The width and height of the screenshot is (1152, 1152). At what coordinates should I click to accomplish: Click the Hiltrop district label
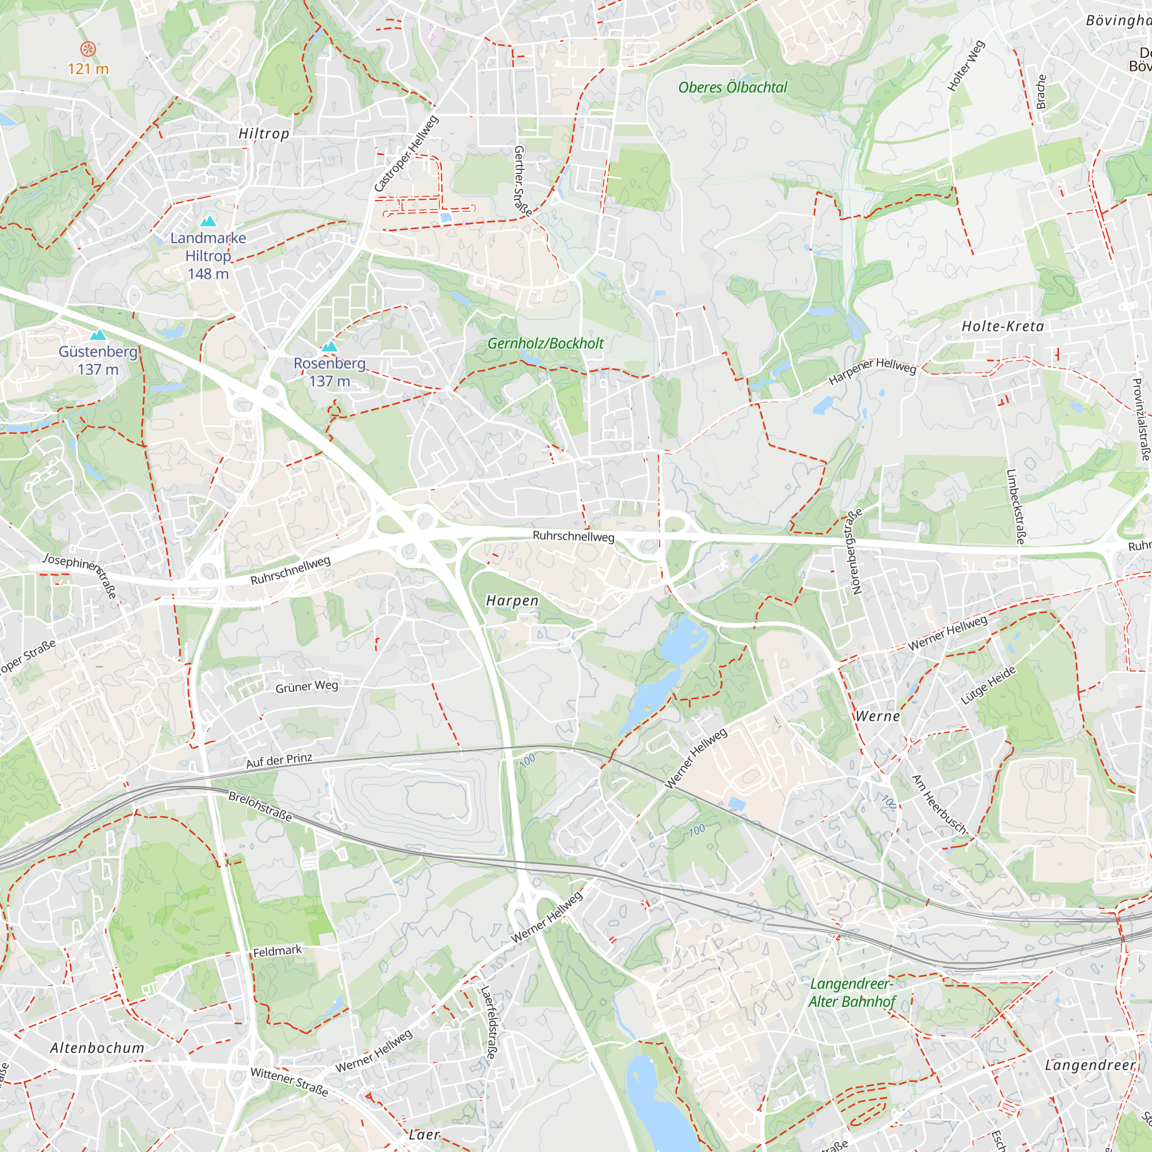click(x=264, y=134)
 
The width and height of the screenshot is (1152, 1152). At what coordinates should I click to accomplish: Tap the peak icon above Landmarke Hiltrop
click(x=208, y=222)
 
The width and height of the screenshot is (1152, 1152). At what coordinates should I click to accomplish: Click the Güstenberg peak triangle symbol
click(x=98, y=335)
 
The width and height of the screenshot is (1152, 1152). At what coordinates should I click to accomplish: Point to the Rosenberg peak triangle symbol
click(x=329, y=346)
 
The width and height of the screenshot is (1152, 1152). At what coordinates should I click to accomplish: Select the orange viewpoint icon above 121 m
click(x=88, y=48)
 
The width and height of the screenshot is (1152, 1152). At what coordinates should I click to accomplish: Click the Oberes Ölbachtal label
click(x=732, y=88)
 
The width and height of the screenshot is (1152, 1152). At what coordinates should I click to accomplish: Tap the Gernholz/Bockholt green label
click(x=545, y=343)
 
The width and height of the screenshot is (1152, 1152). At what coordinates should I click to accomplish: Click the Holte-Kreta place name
click(x=1002, y=326)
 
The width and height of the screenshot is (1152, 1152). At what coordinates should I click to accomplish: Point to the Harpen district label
click(x=512, y=600)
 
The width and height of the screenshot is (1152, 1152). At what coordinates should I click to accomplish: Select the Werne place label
click(x=877, y=716)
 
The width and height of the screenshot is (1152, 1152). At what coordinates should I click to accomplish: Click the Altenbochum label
click(x=97, y=1048)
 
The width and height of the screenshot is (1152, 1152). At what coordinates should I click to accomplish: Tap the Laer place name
click(x=424, y=1134)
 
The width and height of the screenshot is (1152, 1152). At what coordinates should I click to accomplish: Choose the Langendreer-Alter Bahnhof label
click(x=851, y=993)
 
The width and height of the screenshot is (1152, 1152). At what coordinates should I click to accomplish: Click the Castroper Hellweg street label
click(x=406, y=154)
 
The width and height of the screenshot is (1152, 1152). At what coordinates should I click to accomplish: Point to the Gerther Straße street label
click(x=522, y=180)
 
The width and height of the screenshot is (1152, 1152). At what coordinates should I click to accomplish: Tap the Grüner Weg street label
click(x=306, y=687)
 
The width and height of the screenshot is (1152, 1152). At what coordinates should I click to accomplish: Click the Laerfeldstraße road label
click(x=488, y=1022)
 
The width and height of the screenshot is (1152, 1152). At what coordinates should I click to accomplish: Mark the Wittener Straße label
click(x=289, y=1082)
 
